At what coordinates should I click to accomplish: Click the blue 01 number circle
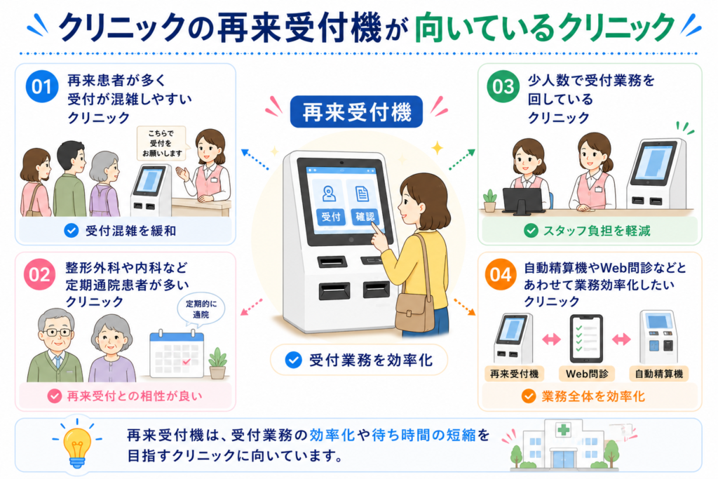[41, 86]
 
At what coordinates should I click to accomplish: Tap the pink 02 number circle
[40, 274]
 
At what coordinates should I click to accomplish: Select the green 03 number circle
[503, 86]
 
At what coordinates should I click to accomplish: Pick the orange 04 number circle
[501, 274]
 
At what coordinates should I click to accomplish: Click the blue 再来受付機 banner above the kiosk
[356, 112]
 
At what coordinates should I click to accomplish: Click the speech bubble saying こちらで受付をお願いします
[162, 144]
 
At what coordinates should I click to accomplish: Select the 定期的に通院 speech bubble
[201, 309]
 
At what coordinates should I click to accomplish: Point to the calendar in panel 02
[177, 353]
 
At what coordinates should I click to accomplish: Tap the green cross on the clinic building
[564, 430]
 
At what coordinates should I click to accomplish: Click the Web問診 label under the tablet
[587, 374]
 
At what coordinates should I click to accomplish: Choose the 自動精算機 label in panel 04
[659, 374]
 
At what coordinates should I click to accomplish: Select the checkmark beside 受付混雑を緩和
[72, 230]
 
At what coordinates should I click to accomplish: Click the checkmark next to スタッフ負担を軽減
[531, 230]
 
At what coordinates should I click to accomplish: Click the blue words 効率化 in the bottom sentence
[332, 435]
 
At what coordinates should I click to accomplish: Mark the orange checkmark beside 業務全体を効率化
[529, 396]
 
